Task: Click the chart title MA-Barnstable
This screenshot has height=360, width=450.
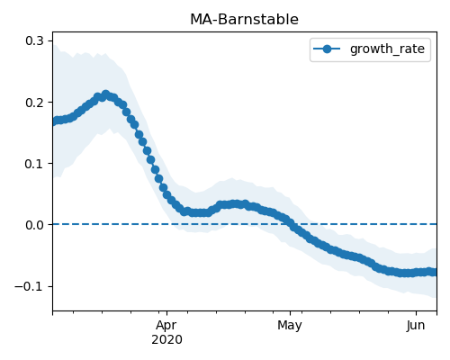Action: click(244, 20)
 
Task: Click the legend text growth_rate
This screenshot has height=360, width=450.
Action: click(387, 49)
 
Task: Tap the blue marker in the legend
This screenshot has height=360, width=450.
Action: click(327, 49)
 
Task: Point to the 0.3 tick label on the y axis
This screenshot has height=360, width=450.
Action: click(35, 40)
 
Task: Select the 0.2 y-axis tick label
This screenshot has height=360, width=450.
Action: click(35, 103)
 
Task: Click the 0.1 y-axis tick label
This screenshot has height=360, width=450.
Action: click(35, 164)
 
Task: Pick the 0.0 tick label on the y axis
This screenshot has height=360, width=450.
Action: click(35, 225)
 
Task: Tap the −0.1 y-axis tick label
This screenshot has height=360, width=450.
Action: click(30, 286)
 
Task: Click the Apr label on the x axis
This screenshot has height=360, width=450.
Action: click(166, 326)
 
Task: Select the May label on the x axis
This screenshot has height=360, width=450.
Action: click(290, 326)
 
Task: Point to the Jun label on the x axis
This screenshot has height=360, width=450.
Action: click(416, 326)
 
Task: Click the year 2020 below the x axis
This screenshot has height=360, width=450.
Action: click(166, 340)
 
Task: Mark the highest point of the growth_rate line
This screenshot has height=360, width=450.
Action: click(105, 94)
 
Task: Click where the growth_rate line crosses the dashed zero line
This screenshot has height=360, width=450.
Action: click(292, 224)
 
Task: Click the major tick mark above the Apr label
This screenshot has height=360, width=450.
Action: click(166, 313)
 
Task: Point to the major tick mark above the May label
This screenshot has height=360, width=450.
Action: click(290, 313)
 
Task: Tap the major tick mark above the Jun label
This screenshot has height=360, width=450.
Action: click(416, 313)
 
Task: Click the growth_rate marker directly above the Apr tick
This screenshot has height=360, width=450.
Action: click(167, 195)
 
